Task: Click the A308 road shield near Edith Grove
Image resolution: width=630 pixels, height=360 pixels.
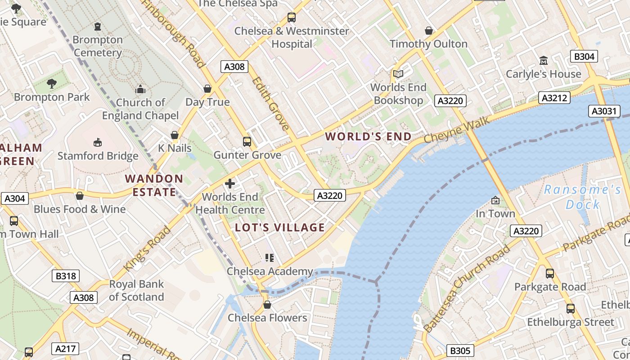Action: (x=234, y=67)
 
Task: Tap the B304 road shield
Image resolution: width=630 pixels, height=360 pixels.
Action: (x=584, y=56)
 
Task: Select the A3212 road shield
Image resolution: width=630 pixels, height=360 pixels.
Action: (x=555, y=98)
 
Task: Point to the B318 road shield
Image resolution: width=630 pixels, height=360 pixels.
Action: (x=66, y=276)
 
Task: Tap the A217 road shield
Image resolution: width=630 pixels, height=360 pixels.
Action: (x=65, y=348)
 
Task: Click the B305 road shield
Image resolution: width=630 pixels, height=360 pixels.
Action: (x=460, y=351)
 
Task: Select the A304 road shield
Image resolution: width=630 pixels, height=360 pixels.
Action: (x=14, y=198)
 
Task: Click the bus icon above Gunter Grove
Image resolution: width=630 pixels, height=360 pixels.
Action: (x=247, y=142)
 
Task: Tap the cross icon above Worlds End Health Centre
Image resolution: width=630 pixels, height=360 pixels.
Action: (x=230, y=184)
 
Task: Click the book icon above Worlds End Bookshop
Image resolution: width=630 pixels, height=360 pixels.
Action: (x=398, y=74)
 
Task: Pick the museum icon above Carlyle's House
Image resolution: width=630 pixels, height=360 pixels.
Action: (x=543, y=60)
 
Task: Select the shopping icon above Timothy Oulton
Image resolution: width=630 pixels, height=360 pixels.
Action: (x=429, y=31)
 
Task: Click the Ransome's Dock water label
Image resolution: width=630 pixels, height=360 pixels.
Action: (x=583, y=197)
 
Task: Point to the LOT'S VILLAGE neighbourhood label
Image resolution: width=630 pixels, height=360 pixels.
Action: (x=280, y=227)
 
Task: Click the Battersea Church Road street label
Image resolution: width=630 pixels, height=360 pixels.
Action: (x=468, y=288)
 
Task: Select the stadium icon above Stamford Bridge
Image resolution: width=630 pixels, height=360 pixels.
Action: (x=97, y=143)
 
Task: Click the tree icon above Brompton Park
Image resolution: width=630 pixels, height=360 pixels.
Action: (x=51, y=83)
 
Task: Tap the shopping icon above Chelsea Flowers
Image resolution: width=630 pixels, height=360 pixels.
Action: (x=267, y=305)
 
